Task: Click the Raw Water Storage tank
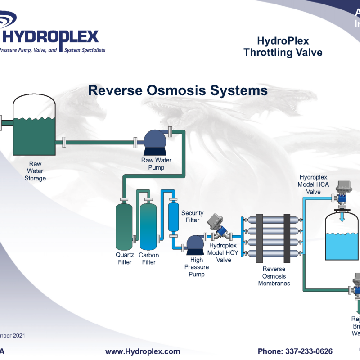[34, 128]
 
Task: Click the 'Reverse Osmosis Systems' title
[178, 90]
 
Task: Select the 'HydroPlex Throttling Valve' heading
[283, 47]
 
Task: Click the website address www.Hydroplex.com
[143, 351]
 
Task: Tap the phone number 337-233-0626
[295, 351]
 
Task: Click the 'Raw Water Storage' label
[35, 171]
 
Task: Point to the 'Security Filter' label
[192, 216]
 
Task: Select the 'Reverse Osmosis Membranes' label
[274, 276]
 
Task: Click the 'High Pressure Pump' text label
[196, 267]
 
